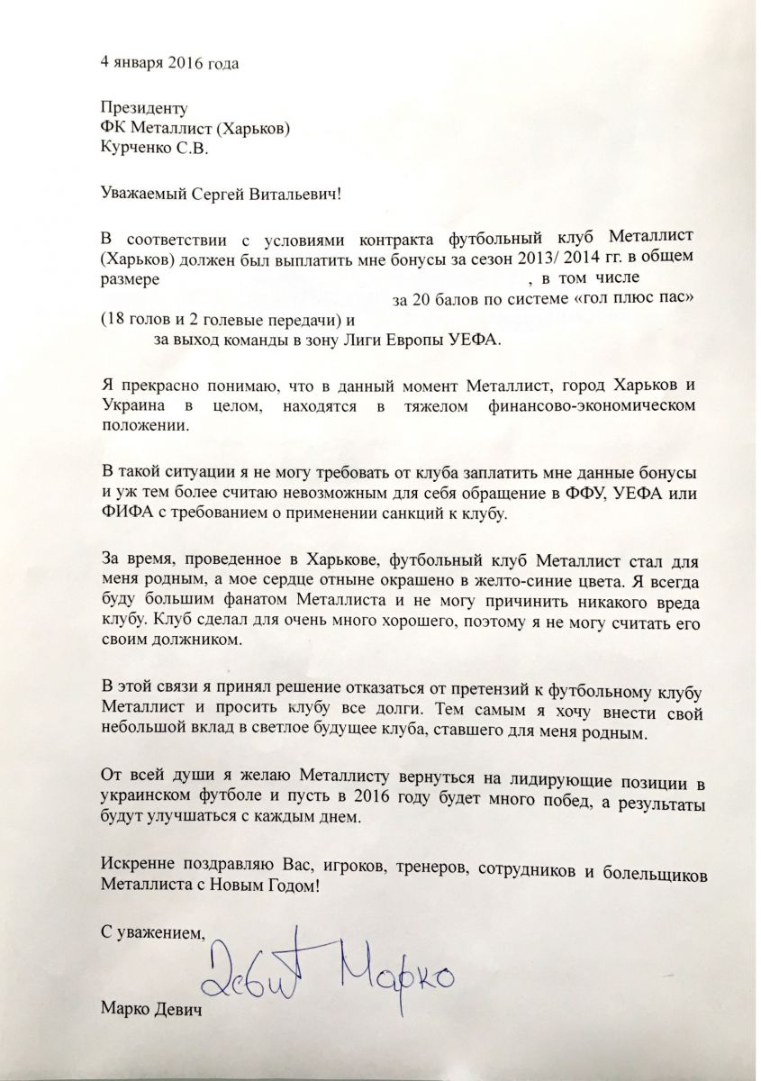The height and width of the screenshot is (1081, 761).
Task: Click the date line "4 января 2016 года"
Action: (x=170, y=64)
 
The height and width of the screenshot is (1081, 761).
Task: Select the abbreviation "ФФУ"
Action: (x=586, y=494)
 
